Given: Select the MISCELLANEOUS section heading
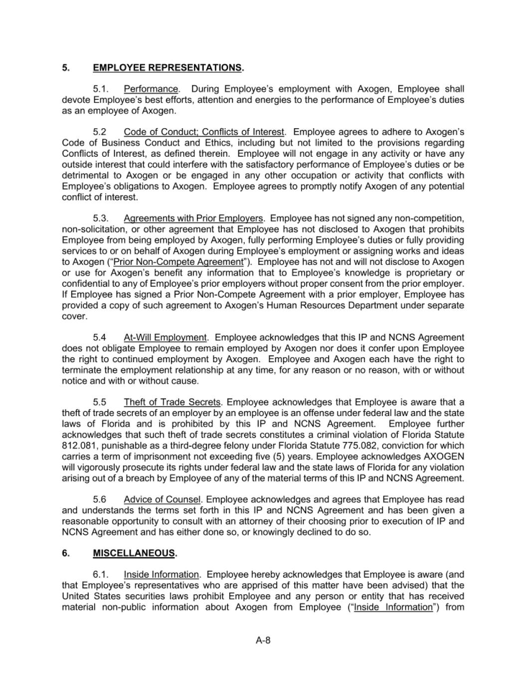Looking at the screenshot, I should point(135,553).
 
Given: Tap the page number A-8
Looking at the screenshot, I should point(263,641).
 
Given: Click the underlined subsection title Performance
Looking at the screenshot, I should point(151,89).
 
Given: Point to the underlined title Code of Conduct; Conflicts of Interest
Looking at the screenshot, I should point(203,132).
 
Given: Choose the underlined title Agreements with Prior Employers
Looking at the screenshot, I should point(193,219).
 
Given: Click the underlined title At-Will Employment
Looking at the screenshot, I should point(165,338).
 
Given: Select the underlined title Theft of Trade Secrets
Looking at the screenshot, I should point(172,402).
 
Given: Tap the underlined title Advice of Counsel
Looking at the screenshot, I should point(162,499).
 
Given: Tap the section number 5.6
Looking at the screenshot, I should point(100,499).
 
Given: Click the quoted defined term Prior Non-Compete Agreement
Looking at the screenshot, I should point(178,262).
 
